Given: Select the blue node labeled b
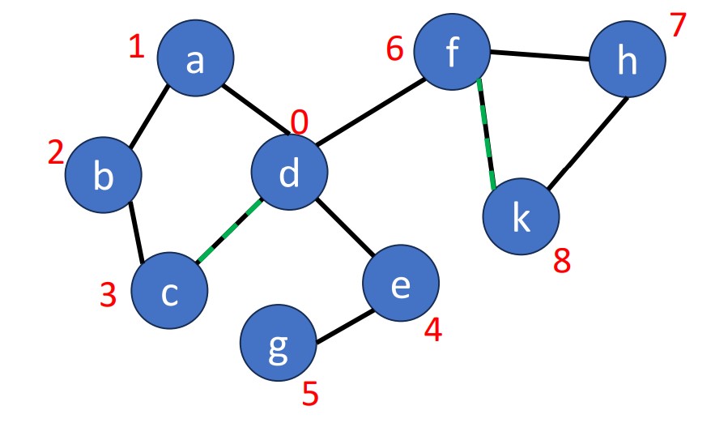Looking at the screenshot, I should (x=103, y=174).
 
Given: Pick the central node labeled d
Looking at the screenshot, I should (x=289, y=173).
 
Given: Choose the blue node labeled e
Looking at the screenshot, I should (x=400, y=284).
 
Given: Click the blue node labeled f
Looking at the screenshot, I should (x=452, y=53).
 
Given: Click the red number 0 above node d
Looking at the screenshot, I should (x=300, y=123).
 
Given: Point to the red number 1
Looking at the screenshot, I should (x=136, y=47).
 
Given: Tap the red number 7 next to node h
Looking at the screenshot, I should (x=679, y=26).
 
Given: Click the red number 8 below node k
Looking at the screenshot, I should (x=562, y=261).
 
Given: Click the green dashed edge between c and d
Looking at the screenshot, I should (x=228, y=231).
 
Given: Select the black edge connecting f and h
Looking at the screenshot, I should (x=539, y=56).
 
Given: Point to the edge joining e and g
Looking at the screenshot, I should (x=343, y=326).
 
